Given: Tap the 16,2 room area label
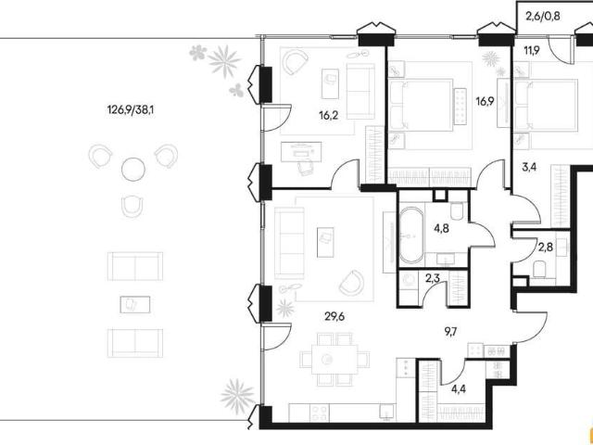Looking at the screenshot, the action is [328, 115].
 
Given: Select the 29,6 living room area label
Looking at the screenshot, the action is [334, 316].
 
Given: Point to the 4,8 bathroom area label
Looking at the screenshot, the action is [441, 229].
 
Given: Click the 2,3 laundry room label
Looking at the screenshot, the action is [433, 278].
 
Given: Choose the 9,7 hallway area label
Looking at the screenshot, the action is [451, 332].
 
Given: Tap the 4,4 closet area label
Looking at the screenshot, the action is [459, 388].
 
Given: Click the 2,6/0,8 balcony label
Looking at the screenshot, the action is [543, 17].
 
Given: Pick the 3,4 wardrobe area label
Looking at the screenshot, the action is [529, 167].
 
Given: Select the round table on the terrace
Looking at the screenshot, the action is [133, 169].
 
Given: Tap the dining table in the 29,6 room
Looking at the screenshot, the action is [334, 359].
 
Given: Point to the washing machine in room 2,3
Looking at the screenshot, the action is [409, 282].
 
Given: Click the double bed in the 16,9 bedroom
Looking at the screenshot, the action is [421, 105].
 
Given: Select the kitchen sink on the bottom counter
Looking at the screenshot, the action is [387, 413].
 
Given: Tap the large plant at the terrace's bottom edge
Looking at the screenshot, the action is [238, 396].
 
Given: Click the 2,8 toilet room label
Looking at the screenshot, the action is [546, 248].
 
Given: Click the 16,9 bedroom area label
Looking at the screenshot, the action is [486, 102].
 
